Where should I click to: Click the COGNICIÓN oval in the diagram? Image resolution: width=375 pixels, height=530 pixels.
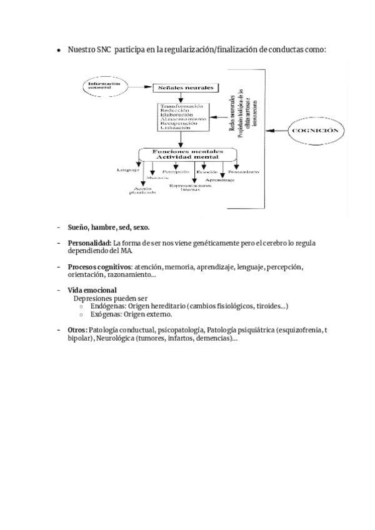315,131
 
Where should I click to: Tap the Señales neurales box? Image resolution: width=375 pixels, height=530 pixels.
187,88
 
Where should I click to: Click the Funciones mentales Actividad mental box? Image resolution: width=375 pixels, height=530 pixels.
186,153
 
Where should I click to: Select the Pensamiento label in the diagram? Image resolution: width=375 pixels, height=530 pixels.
244,171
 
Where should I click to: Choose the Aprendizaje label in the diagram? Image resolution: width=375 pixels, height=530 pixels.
219,180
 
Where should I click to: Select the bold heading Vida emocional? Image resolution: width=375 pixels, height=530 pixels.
92,291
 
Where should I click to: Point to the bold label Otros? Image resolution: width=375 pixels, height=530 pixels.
77,330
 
